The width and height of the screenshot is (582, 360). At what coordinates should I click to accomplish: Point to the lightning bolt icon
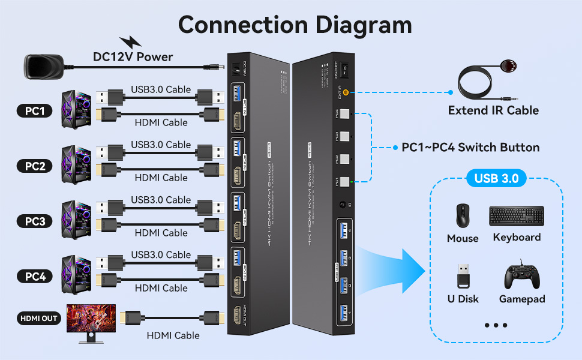131,43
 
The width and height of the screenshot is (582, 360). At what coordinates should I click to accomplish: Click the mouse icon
463,216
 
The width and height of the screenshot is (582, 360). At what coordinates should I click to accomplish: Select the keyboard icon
517,216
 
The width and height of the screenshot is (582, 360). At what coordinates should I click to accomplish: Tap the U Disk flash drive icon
463,275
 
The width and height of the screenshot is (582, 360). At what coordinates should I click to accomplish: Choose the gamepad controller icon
521,275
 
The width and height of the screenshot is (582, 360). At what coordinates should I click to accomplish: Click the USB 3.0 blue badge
496,178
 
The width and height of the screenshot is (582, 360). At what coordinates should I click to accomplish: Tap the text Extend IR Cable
493,110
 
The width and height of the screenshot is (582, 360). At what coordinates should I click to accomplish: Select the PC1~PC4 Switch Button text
470,148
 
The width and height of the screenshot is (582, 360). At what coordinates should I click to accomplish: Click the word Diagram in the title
352,25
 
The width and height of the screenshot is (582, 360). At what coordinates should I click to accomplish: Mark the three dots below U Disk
496,325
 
